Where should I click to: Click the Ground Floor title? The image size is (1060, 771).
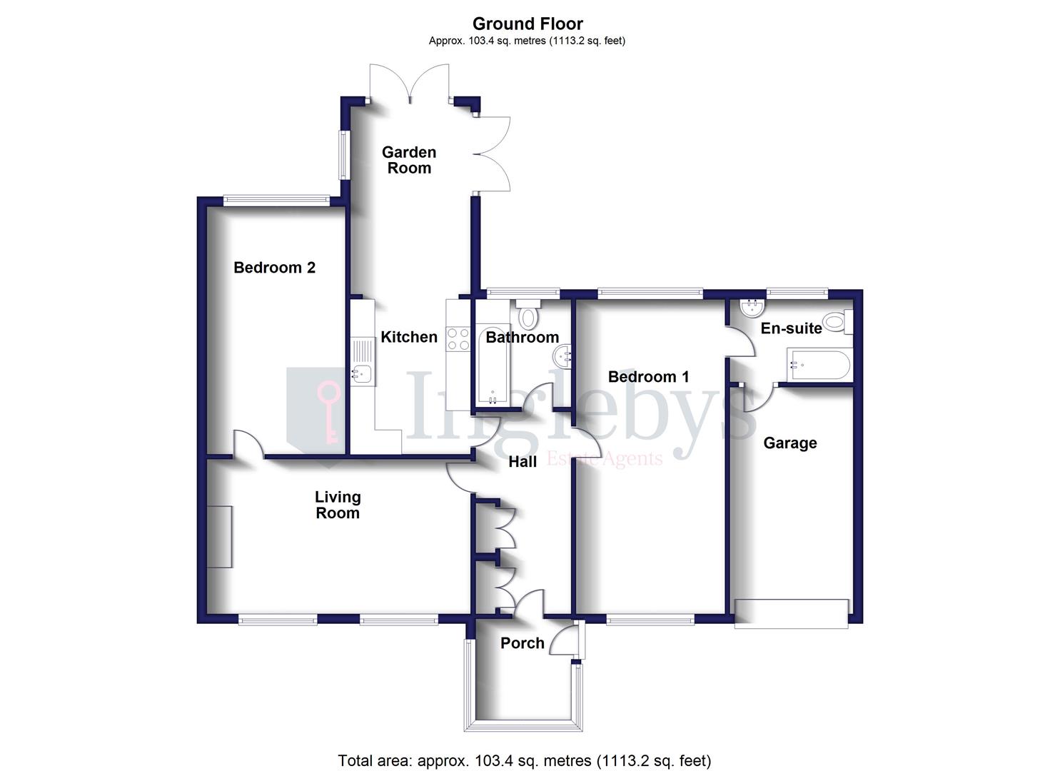528,24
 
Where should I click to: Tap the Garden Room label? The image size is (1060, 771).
409,160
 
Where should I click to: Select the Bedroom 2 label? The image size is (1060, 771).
274,268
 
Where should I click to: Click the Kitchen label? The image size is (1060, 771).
409,337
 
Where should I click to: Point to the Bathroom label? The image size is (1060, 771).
522,337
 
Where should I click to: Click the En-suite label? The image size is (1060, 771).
791,328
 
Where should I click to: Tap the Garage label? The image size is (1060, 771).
790,443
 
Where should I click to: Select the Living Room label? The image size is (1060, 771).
338,505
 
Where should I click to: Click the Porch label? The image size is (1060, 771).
523,642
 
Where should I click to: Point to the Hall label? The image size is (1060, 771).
523,462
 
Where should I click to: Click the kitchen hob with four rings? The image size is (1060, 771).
458,338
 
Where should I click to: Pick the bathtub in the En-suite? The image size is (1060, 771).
819,366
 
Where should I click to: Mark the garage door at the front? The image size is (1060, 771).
792,614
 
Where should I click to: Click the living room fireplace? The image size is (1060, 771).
221,536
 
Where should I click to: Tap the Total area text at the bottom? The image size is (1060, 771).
524,760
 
